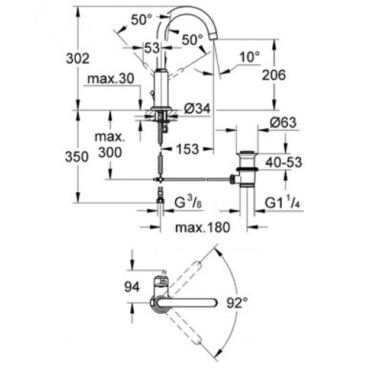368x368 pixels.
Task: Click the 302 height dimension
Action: [x=78, y=59]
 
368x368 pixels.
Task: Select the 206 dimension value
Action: [x=274, y=75]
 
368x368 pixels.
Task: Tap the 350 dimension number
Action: [x=77, y=157]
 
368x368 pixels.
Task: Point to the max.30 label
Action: [x=111, y=79]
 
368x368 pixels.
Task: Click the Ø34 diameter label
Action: [x=197, y=108]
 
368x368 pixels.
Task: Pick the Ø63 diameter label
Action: [x=283, y=122]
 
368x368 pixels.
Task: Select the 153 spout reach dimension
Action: [x=188, y=149]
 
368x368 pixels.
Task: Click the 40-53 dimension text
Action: [x=284, y=163]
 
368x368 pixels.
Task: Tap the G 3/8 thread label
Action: [x=188, y=202]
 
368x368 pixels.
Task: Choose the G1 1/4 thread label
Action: [x=283, y=202]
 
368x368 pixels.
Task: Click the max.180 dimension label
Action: [x=202, y=227]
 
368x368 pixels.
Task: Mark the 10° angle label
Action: [x=250, y=57]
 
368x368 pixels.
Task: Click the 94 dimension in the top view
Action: [x=132, y=287]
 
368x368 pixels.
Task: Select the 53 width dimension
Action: [x=152, y=48]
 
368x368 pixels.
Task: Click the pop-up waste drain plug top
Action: [x=247, y=153]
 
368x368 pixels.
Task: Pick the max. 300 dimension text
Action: [x=110, y=145]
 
